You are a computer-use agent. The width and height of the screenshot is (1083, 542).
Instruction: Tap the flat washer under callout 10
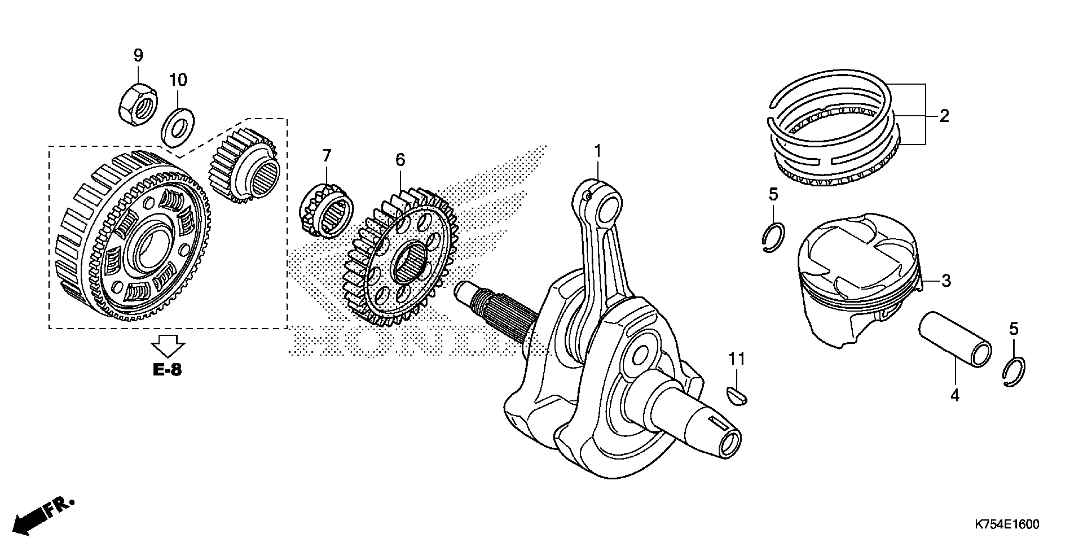pos(178,128)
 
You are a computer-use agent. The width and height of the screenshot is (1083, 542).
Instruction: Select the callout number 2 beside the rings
pos(944,116)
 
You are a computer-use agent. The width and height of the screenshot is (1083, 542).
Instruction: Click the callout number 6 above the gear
pos(400,160)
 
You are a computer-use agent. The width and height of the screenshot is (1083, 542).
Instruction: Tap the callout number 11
pos(736,359)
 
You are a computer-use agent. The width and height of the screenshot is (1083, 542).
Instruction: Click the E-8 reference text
pos(167,370)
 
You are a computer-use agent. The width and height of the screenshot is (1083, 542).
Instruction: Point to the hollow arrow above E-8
pos(168,346)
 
